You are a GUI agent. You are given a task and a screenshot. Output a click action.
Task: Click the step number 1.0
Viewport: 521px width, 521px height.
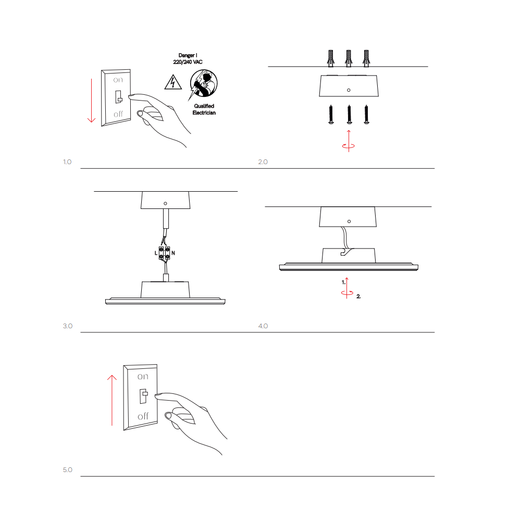67,162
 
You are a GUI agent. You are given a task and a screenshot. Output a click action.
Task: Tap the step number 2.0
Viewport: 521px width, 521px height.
263,162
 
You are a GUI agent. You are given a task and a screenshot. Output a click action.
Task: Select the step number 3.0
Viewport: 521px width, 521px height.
67,326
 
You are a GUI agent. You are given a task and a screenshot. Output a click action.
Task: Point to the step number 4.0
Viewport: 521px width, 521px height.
263,326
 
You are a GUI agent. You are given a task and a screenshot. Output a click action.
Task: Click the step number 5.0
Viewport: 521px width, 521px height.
67,470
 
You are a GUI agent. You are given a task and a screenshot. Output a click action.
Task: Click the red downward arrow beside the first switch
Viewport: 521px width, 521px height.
91,101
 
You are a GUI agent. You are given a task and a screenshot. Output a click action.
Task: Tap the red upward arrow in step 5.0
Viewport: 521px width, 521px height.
112,400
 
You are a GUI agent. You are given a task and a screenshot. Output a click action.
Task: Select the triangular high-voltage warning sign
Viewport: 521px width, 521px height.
173,82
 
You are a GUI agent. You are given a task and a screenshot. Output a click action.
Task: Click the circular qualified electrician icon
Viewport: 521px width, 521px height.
204,83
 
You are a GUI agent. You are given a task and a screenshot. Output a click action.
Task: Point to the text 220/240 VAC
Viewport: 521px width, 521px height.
188,62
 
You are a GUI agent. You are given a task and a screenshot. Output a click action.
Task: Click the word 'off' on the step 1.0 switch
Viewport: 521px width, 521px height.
118,114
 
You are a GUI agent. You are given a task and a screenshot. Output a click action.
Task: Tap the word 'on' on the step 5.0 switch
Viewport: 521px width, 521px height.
143,377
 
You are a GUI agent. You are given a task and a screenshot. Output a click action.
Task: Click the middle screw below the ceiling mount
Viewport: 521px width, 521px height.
349,115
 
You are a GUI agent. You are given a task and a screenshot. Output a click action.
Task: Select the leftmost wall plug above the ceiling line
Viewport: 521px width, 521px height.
331,58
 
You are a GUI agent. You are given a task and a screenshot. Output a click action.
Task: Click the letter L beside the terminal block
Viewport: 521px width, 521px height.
156,253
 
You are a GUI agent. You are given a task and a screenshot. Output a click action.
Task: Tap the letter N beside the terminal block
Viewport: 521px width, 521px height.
173,253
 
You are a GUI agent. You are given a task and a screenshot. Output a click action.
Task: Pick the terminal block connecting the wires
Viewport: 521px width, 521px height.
164,253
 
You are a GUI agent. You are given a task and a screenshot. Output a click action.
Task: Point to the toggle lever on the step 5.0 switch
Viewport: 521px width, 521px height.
144,396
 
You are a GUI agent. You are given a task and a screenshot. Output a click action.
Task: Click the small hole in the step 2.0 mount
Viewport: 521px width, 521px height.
349,90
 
